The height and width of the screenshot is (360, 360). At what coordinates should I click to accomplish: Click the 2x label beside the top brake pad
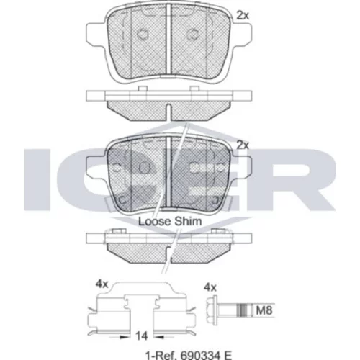(243, 16)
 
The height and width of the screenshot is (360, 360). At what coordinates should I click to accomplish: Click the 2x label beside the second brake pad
(243, 145)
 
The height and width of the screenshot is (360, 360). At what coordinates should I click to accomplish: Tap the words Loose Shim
(170, 221)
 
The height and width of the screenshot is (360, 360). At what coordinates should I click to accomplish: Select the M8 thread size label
(264, 310)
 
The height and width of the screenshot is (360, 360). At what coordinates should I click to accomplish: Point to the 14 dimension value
(141, 336)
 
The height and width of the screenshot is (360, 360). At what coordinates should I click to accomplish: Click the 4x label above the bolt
(210, 287)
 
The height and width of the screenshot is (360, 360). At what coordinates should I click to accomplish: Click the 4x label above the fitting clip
(102, 284)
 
